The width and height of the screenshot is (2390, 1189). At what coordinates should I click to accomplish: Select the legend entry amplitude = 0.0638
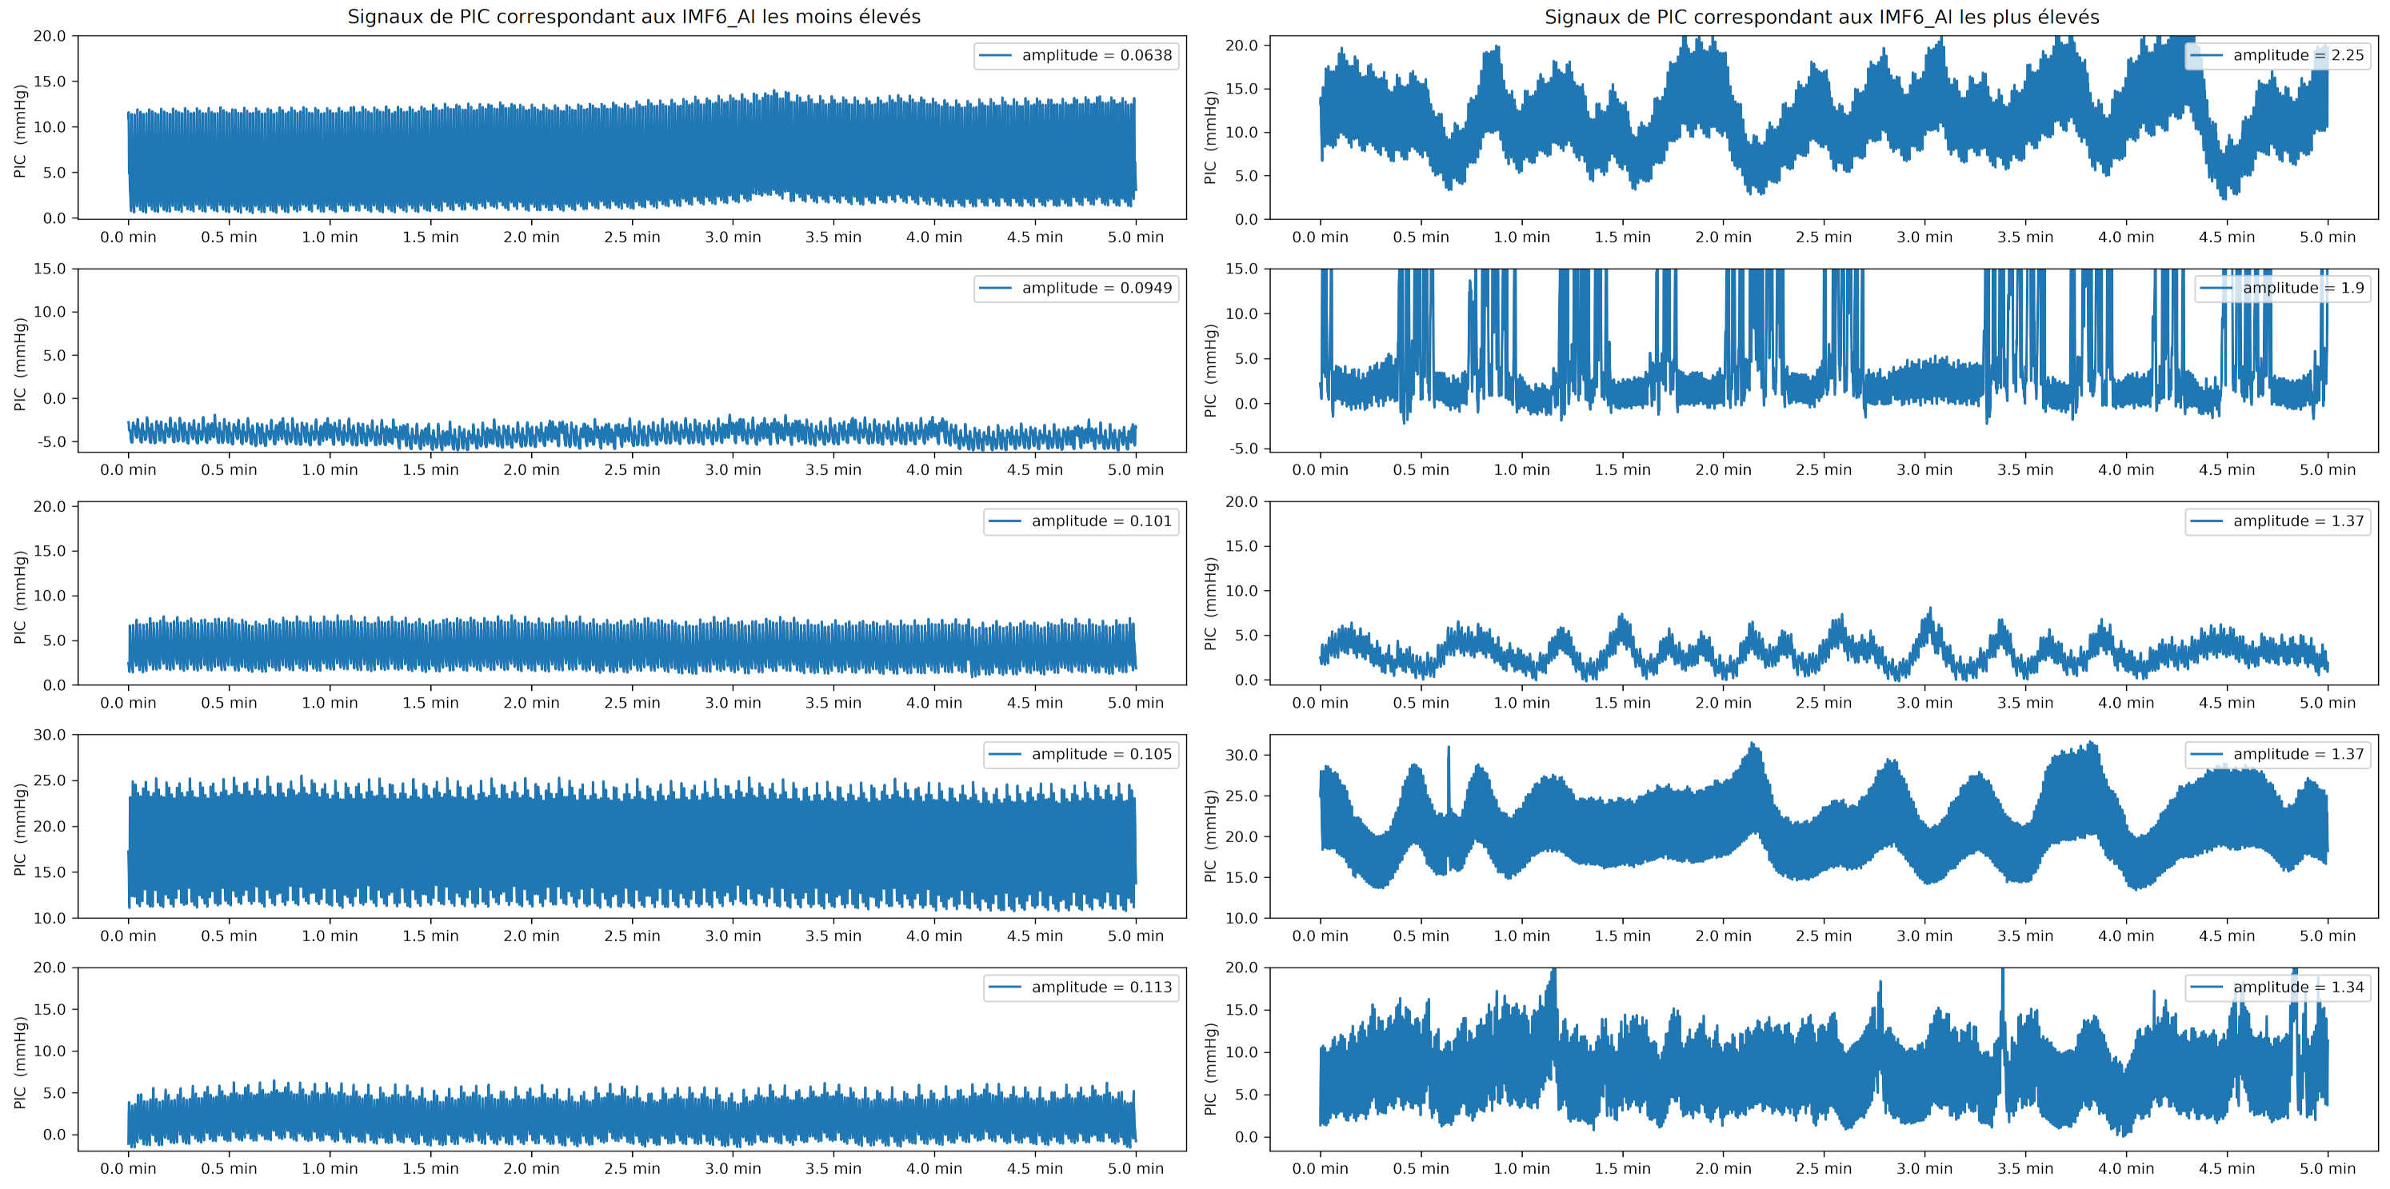pyautogui.click(x=1077, y=56)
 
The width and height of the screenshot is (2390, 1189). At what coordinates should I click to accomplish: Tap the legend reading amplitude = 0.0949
pyautogui.click(x=1077, y=289)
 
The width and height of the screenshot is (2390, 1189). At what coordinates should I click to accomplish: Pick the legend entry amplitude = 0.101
pyautogui.click(x=1081, y=521)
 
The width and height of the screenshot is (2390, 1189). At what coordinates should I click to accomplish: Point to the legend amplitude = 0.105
pyautogui.click(x=1081, y=754)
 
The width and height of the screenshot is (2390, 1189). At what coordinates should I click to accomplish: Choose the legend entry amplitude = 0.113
pyautogui.click(x=1081, y=987)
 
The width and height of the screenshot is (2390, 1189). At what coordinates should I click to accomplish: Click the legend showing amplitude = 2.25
pyautogui.click(x=2278, y=56)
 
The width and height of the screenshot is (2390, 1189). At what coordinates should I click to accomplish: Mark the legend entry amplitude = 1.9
pyautogui.click(x=2282, y=289)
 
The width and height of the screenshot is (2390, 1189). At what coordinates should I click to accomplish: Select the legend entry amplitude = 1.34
pyautogui.click(x=2278, y=987)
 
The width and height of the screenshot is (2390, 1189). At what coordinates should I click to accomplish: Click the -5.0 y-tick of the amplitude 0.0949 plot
pyautogui.click(x=52, y=441)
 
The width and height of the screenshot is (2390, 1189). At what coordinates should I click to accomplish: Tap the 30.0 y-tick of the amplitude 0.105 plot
pyautogui.click(x=50, y=735)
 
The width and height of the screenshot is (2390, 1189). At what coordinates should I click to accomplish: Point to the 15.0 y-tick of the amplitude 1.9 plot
pyautogui.click(x=1241, y=269)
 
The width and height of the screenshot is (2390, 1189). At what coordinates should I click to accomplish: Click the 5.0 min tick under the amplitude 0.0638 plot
pyautogui.click(x=1135, y=237)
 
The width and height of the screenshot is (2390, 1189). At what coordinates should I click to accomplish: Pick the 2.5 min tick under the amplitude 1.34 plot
pyautogui.click(x=1823, y=1168)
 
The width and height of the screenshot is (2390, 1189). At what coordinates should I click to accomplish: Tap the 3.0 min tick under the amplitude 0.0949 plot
pyautogui.click(x=732, y=470)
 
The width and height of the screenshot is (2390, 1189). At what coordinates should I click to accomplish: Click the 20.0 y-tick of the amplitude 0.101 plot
pyautogui.click(x=50, y=506)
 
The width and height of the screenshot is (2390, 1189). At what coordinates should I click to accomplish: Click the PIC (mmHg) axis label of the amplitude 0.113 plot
pyautogui.click(x=19, y=1062)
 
